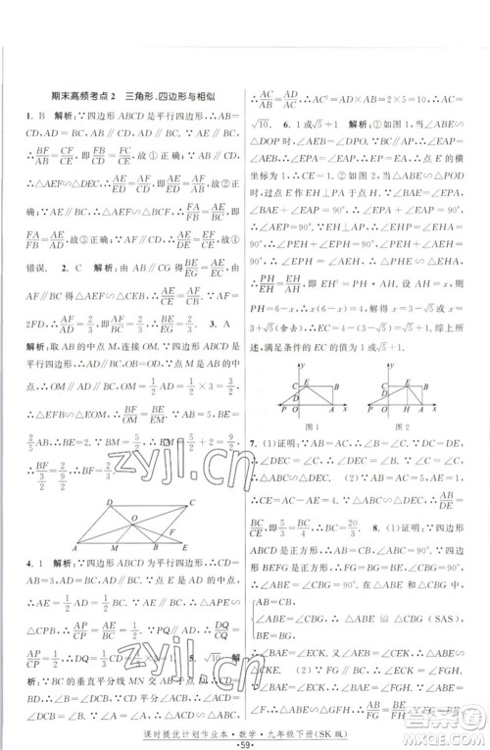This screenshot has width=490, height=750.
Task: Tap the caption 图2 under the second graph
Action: point(402,426)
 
